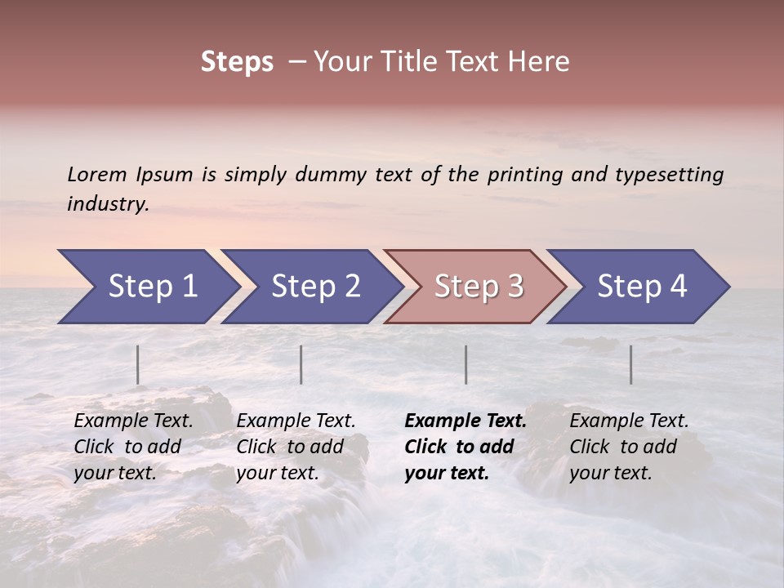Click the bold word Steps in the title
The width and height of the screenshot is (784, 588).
[237, 62]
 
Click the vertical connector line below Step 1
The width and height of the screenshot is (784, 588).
[138, 364]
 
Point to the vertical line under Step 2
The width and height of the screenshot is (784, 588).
[301, 364]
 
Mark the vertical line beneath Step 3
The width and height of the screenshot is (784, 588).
[466, 364]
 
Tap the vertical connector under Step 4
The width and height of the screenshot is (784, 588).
[631, 364]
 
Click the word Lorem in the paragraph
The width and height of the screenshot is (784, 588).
[97, 175]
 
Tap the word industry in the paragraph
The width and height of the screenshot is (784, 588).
[107, 204]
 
